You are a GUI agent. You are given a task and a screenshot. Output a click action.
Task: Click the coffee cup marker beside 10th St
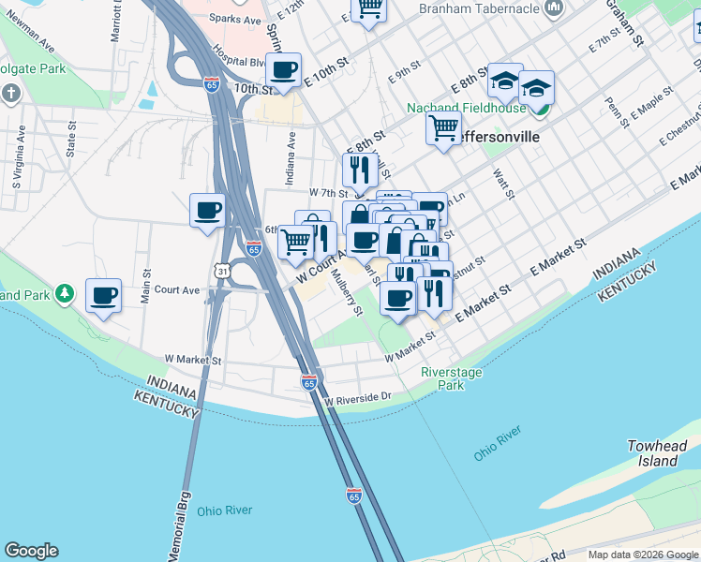coord(283,70)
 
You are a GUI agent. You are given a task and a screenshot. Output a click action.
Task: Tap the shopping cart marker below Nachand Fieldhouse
coord(443,126)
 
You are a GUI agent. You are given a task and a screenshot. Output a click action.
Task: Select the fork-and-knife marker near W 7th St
coord(360,170)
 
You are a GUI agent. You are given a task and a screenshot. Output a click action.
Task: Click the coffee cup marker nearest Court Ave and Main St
coord(103,295)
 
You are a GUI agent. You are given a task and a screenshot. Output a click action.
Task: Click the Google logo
coord(31,551)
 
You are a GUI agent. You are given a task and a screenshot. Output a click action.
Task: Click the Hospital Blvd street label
coord(237,64)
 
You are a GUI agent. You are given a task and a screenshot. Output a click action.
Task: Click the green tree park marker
coord(64,294)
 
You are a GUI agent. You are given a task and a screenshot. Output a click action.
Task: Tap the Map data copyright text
coord(642,555)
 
